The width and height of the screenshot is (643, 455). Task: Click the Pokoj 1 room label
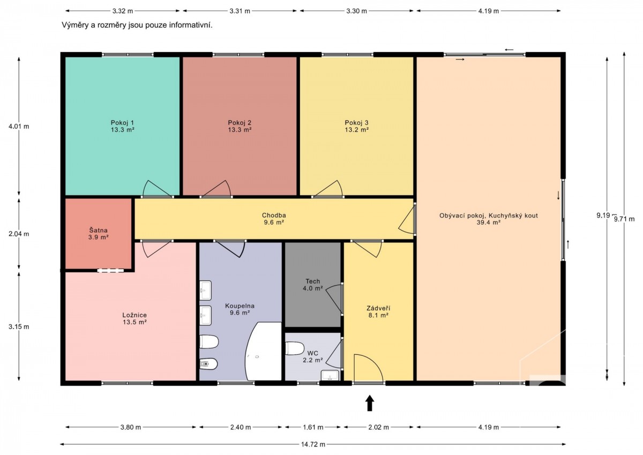tap(122, 123)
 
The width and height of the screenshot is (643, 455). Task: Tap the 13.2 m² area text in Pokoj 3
tap(356, 130)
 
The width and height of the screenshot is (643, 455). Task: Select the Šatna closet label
tap(98, 230)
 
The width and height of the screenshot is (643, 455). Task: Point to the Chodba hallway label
tap(274, 215)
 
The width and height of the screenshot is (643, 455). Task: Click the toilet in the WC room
tap(295, 348)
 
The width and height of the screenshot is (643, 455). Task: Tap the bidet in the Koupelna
tap(208, 364)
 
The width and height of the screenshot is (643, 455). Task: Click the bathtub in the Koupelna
tap(263, 352)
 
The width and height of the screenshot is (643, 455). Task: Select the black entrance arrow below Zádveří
tap(370, 403)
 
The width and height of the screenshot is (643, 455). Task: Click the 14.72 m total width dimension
tap(313, 444)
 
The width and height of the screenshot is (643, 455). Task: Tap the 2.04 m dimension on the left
tap(19, 234)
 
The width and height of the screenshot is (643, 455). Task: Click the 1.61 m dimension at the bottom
tap(313, 427)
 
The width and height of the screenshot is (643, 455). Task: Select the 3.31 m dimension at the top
tap(240, 11)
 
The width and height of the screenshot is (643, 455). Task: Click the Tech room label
tap(312, 281)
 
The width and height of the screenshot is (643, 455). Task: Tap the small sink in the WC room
tap(330, 375)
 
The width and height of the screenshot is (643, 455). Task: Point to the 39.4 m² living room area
tap(489, 222)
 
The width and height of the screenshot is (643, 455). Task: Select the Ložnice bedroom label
tap(134, 315)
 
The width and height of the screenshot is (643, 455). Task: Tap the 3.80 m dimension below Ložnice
tap(131, 427)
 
